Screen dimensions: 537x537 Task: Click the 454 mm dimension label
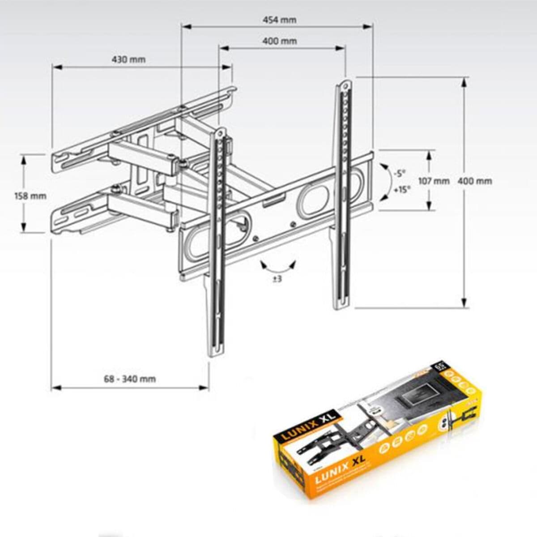(x=279, y=20)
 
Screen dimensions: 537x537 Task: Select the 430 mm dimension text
(x=128, y=60)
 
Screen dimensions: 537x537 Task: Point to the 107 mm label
(x=434, y=181)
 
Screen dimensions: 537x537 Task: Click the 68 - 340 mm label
(x=130, y=379)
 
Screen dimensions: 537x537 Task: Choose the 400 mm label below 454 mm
(x=279, y=41)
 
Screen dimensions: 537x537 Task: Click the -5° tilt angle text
(x=399, y=173)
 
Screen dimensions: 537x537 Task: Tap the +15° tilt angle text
(x=401, y=189)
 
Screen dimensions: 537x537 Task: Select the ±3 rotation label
(x=277, y=279)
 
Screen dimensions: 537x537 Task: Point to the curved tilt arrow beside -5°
(x=386, y=182)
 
